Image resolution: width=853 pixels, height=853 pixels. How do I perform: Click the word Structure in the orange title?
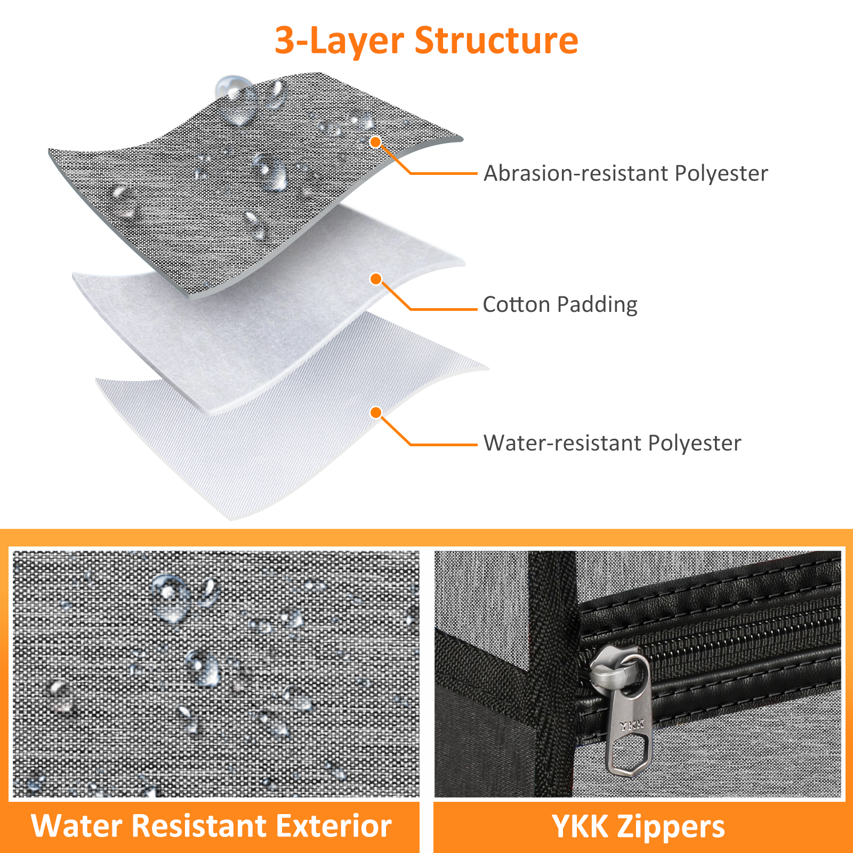(x=496, y=41)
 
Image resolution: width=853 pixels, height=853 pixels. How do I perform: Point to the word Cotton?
(x=516, y=304)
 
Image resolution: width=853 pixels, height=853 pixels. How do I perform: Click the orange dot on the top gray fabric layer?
(x=376, y=142)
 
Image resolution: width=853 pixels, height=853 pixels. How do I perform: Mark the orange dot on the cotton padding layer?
(x=376, y=279)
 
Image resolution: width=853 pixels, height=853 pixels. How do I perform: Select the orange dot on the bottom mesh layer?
(x=376, y=413)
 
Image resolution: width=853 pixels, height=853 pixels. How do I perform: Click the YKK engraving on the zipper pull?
(x=632, y=724)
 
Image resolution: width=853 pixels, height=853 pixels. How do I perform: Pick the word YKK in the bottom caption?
(x=580, y=826)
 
